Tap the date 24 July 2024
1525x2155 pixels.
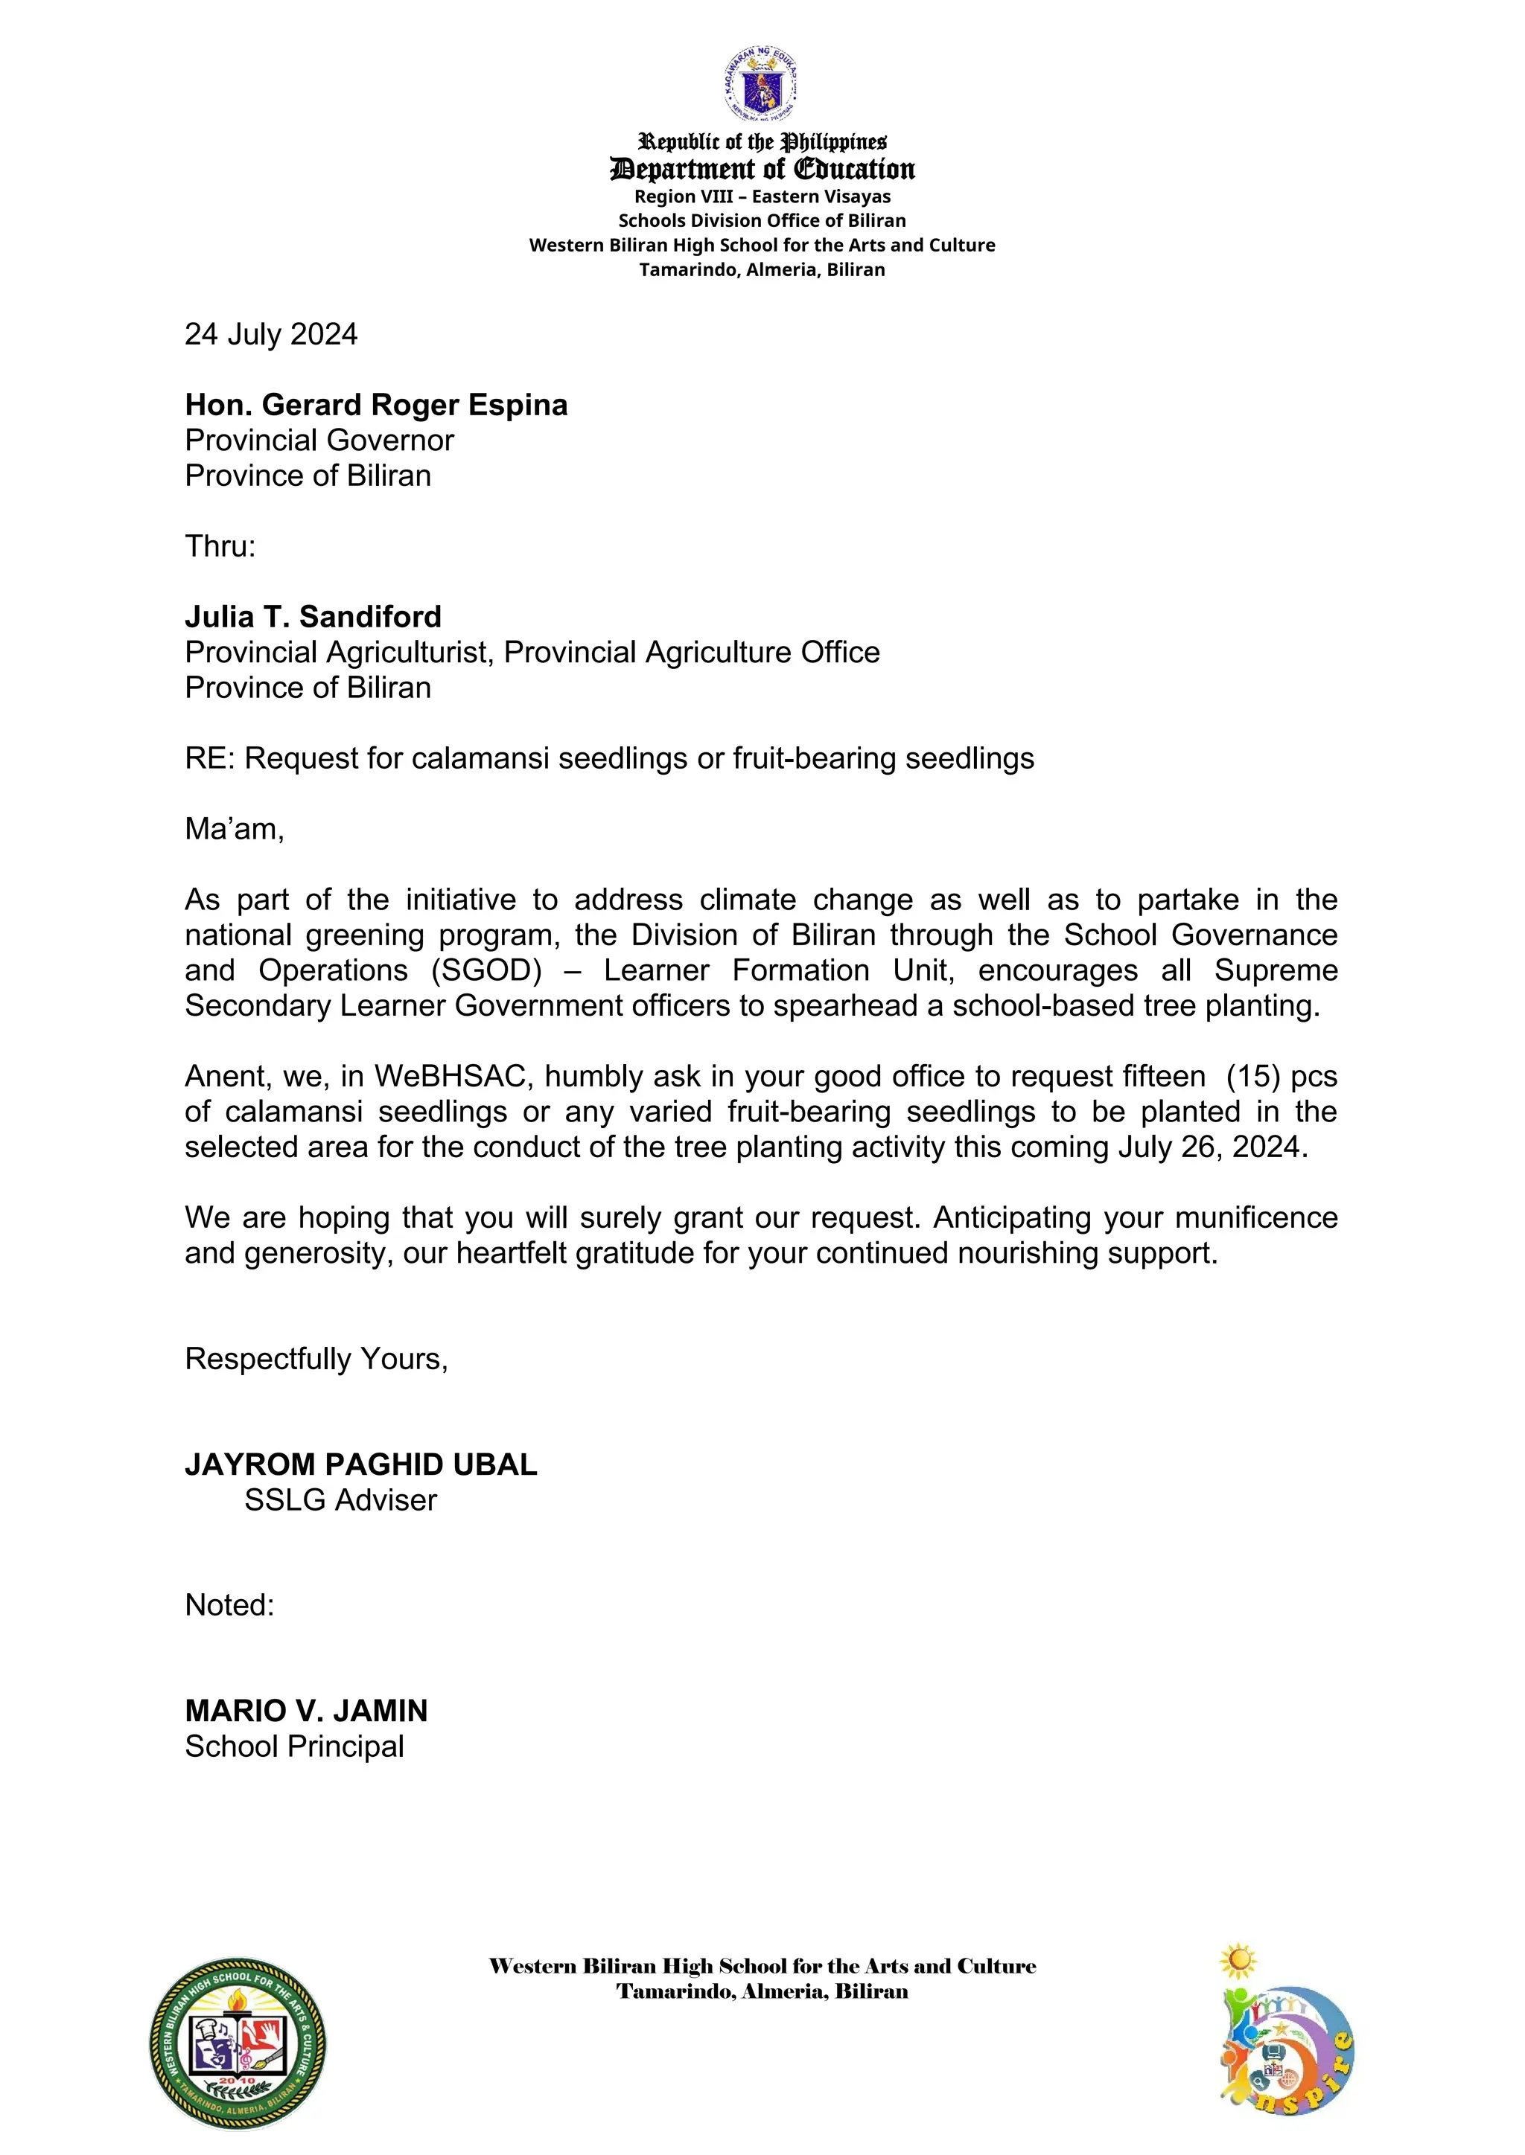tap(270, 334)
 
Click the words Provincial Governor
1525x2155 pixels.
tap(319, 441)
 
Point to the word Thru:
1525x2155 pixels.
tap(220, 546)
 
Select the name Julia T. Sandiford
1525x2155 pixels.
tap(313, 617)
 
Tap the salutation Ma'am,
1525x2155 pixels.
tap(234, 829)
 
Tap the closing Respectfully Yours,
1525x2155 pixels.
tap(316, 1358)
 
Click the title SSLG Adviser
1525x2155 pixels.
tap(340, 1500)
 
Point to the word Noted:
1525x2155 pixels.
tap(229, 1605)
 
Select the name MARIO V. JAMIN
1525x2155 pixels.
tap(306, 1711)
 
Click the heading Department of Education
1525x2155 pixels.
tap(762, 169)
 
